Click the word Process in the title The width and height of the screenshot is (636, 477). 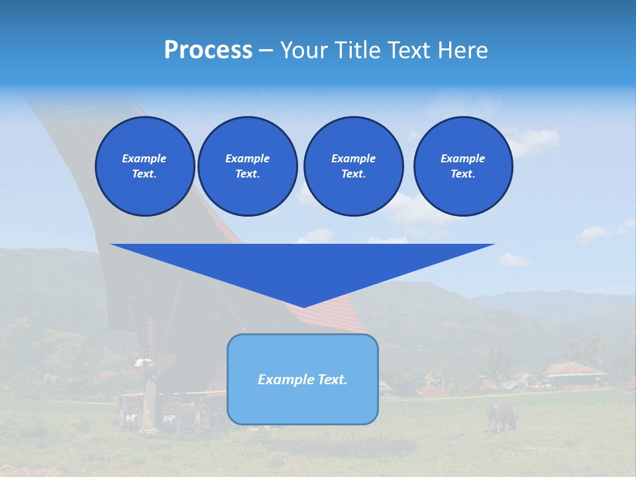[x=208, y=50]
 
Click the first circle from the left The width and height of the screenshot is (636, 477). [x=144, y=166]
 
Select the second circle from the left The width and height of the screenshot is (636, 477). [x=247, y=166]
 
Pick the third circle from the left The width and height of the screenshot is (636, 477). [x=353, y=166]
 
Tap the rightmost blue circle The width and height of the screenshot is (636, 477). [x=462, y=166]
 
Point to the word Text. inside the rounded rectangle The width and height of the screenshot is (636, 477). [x=333, y=380]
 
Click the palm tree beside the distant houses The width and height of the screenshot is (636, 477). [x=494, y=361]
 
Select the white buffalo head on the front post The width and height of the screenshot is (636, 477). [x=144, y=362]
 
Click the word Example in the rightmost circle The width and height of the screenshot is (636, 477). [x=462, y=158]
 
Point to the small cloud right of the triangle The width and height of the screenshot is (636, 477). [x=513, y=260]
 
